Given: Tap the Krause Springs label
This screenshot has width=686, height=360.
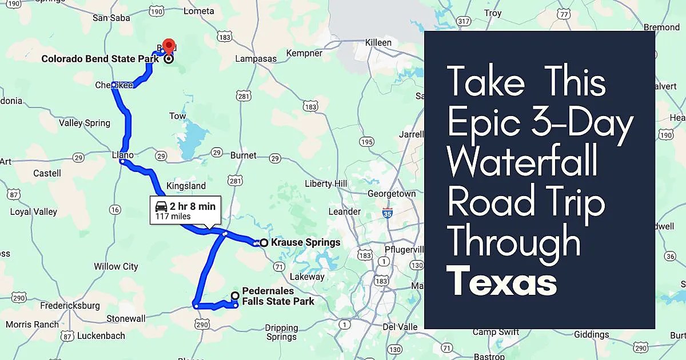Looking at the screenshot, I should pyautogui.click(x=305, y=242).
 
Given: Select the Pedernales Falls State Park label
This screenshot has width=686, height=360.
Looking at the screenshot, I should pyautogui.click(x=278, y=296).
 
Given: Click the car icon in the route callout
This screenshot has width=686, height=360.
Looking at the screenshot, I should pyautogui.click(x=161, y=207).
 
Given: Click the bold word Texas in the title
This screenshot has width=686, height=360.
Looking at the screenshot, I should pyautogui.click(x=502, y=282).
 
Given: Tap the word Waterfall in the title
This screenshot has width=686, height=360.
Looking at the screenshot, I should pyautogui.click(x=523, y=162).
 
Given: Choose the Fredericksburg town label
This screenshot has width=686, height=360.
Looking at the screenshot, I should pyautogui.click(x=70, y=306).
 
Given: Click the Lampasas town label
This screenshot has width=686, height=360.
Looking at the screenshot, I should pyautogui.click(x=256, y=59).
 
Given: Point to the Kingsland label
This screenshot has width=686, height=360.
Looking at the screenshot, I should pyautogui.click(x=186, y=186).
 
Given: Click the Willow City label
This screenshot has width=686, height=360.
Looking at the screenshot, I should pyautogui.click(x=116, y=266).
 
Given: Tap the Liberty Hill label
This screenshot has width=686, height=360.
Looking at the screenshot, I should pyautogui.click(x=326, y=183).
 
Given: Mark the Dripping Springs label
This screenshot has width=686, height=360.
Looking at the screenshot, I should pyautogui.click(x=281, y=332).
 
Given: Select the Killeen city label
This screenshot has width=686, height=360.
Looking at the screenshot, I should pyautogui.click(x=378, y=43).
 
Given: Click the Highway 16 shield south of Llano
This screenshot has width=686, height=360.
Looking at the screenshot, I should pyautogui.click(x=115, y=210).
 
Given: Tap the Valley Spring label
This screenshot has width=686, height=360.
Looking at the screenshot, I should pyautogui.click(x=85, y=123).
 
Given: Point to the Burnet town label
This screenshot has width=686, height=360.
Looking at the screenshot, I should pyautogui.click(x=243, y=155).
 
